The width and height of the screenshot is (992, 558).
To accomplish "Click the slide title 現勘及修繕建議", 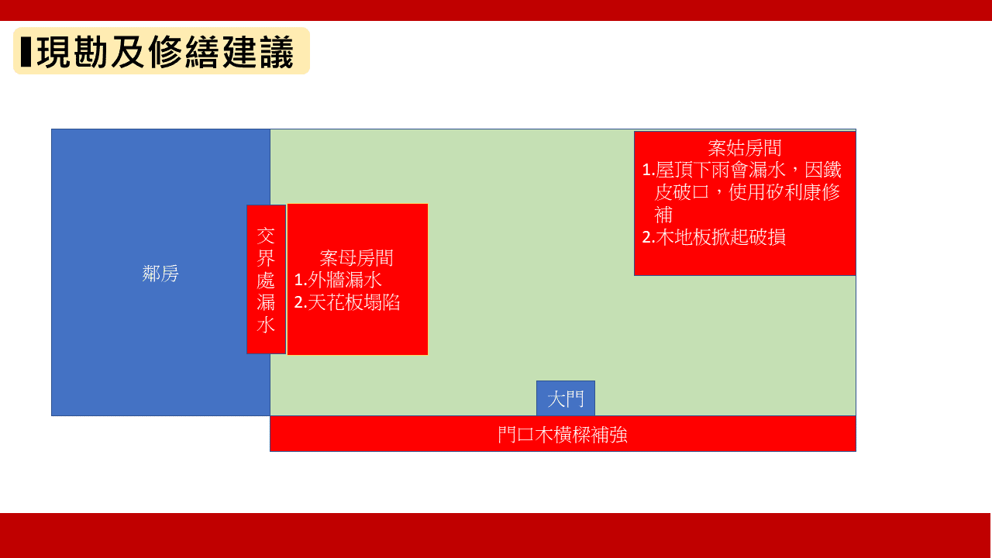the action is click(x=165, y=52).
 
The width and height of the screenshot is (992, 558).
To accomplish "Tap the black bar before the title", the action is click(x=26, y=52).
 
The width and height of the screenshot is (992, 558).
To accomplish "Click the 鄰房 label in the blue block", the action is click(x=160, y=274).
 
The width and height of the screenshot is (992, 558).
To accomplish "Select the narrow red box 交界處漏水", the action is click(x=266, y=280).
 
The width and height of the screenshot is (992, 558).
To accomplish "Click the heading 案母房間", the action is click(x=356, y=258).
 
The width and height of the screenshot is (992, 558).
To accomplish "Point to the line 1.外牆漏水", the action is click(x=338, y=280).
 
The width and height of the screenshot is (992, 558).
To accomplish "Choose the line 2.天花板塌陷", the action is click(x=347, y=302).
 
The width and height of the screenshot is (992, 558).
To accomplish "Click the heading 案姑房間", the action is click(x=745, y=148).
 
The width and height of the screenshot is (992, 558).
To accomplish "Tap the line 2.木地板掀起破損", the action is click(x=714, y=237).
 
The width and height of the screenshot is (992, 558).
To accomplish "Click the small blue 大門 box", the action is click(x=566, y=398).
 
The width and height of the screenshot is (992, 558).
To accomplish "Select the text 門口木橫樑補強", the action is click(x=563, y=435).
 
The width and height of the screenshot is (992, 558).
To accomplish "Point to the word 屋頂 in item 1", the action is click(x=673, y=170).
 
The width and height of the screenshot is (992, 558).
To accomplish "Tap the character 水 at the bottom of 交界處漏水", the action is click(x=266, y=325).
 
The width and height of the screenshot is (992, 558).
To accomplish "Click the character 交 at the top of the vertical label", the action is click(x=266, y=236).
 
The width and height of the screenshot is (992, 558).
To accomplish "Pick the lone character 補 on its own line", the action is click(x=664, y=215).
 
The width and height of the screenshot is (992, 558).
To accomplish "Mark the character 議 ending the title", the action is click(x=277, y=52).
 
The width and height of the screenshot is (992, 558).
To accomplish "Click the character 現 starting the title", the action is click(x=54, y=52).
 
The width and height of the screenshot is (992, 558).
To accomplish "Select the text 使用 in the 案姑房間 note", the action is click(x=747, y=192).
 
